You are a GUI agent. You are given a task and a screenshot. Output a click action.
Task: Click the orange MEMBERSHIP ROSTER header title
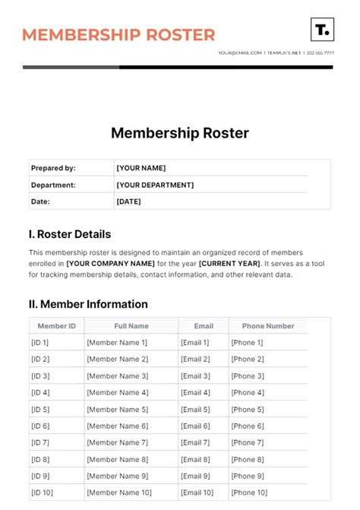118,35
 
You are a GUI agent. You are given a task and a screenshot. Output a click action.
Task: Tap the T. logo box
322,30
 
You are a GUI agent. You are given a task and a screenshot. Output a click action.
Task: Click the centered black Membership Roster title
180,133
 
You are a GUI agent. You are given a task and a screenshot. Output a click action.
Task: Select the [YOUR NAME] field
141,168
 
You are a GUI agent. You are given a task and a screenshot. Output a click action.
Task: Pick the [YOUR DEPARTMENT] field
155,185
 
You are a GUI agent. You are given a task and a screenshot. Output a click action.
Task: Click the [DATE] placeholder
128,201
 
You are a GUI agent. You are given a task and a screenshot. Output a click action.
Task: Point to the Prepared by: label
53,168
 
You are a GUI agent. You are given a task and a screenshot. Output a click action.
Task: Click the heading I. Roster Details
70,234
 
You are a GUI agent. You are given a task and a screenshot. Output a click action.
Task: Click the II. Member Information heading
88,304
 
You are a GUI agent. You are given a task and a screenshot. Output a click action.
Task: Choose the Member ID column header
56,326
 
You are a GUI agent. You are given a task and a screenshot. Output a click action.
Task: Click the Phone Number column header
268,326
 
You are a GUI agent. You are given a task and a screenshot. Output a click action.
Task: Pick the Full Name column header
131,326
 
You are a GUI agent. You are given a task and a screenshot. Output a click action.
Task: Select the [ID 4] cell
40,393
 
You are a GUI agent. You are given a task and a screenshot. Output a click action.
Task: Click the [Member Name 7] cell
118,443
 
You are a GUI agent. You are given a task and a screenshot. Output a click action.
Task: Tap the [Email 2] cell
195,360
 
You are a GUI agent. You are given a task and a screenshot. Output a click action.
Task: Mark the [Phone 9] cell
248,477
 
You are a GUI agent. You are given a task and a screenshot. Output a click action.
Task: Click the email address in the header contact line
240,53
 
